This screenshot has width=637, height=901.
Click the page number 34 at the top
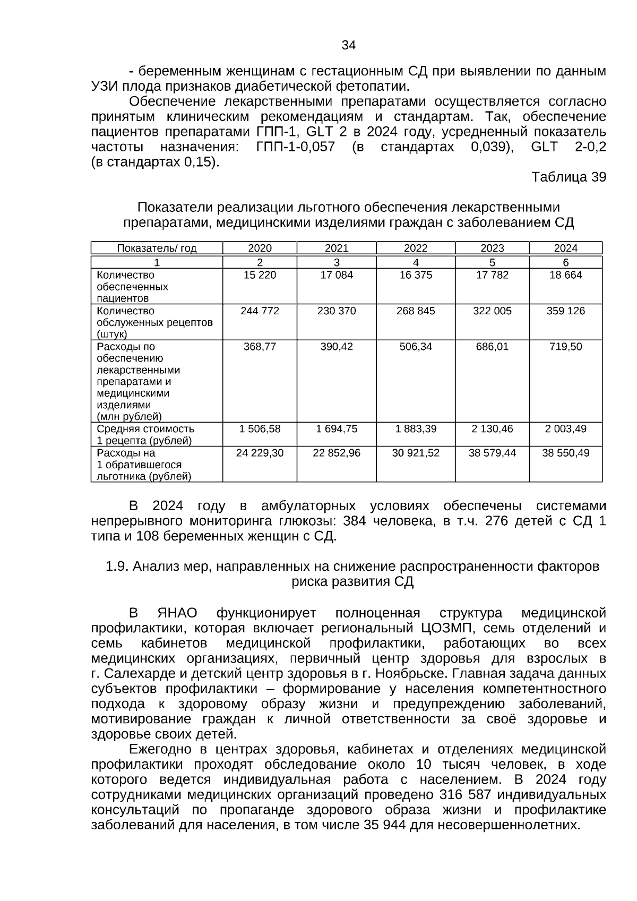click(348, 45)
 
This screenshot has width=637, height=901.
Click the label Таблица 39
click(569, 177)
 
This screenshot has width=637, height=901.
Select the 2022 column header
click(416, 248)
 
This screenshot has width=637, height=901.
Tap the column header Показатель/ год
click(157, 248)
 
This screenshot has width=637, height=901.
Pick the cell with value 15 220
click(260, 275)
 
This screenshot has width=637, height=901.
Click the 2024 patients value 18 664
click(565, 275)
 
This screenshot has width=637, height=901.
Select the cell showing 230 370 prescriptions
click(337, 311)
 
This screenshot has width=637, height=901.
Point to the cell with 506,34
click(416, 347)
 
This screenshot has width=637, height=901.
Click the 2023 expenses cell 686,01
click(492, 347)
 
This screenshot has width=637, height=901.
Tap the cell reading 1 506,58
click(260, 428)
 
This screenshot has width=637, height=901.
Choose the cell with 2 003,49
click(565, 428)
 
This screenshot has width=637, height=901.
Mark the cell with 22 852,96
click(337, 453)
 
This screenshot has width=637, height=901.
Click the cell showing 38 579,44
click(492, 453)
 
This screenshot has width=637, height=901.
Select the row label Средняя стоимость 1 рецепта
click(145, 434)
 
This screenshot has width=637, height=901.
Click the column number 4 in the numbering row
click(416, 262)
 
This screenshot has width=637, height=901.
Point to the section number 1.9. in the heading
click(117, 567)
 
